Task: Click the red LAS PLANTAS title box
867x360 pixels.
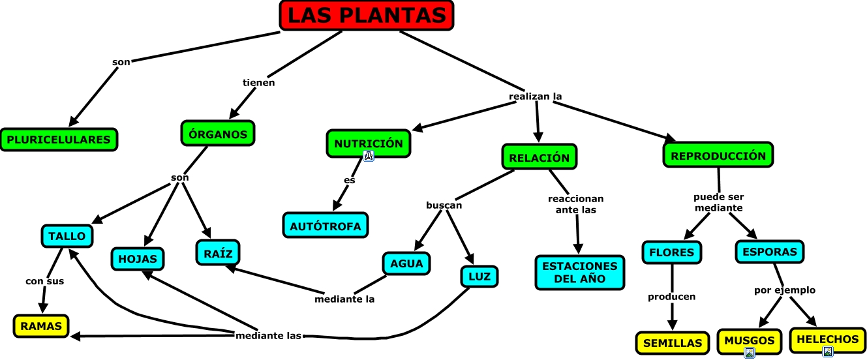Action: [x=367, y=16]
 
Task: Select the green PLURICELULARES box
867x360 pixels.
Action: [x=59, y=140]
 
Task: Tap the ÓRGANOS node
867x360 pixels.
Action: [x=217, y=134]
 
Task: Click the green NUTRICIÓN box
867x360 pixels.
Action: [x=369, y=143]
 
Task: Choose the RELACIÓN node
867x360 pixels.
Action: [x=539, y=157]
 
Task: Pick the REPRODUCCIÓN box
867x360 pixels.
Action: [x=718, y=155]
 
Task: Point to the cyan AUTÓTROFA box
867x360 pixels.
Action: [x=326, y=225]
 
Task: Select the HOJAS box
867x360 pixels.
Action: [x=138, y=258]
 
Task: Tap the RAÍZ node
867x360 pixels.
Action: [x=218, y=252]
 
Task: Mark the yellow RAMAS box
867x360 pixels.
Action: [x=41, y=325]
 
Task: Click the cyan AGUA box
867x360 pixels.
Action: [x=406, y=263]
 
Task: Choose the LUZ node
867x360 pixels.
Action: [x=479, y=277]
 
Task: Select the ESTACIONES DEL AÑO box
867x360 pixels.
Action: [x=579, y=272]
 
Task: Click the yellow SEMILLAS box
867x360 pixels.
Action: [x=672, y=342]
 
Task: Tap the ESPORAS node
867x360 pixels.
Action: [x=770, y=252]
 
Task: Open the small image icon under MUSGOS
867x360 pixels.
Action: [x=750, y=353]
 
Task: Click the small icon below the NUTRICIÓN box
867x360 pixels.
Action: [x=369, y=156]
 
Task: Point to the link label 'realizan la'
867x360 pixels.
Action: [x=535, y=97]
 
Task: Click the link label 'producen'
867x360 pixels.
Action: [x=671, y=297]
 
